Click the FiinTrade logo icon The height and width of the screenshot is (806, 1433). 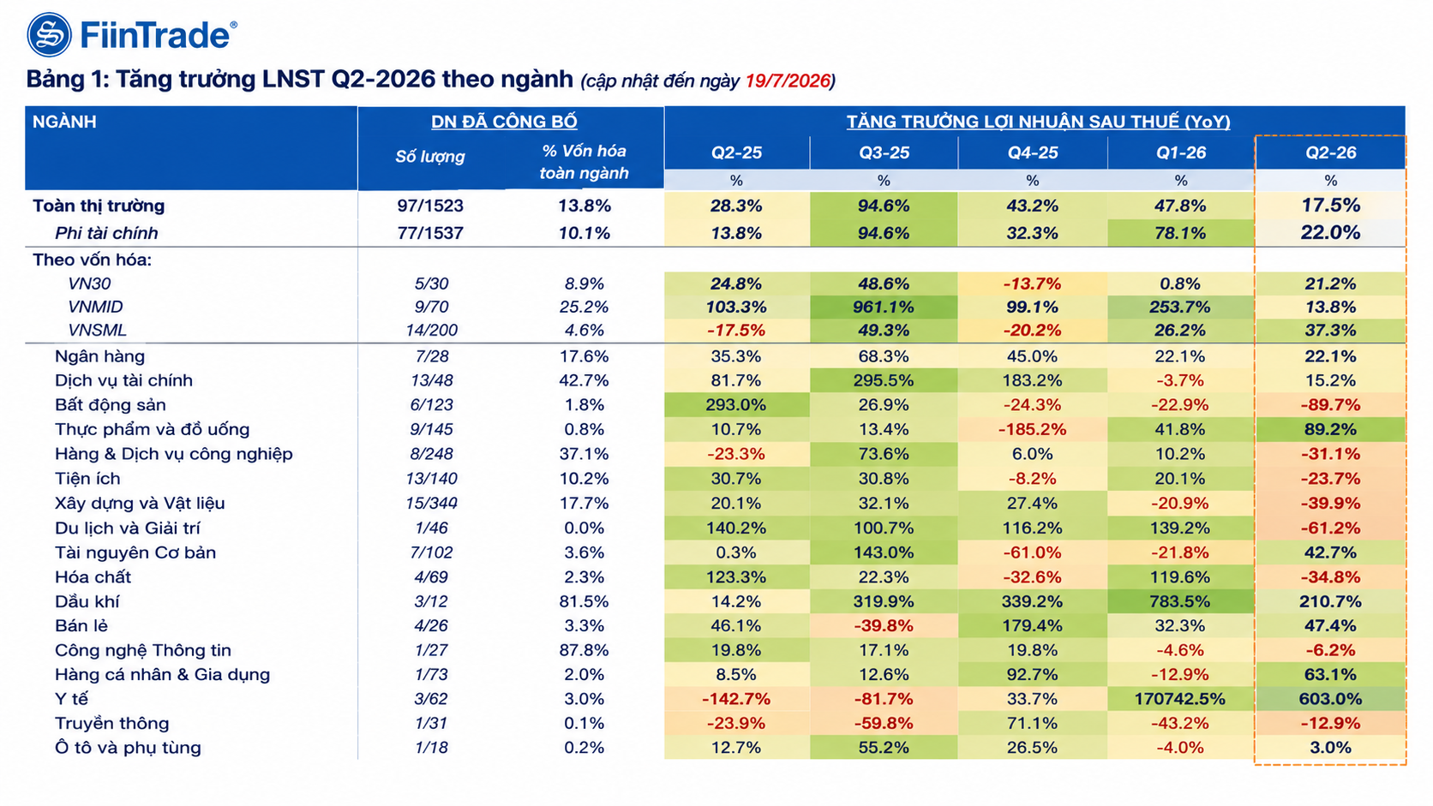49,34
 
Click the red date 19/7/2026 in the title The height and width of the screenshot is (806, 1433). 788,81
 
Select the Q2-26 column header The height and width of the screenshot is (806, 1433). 1331,152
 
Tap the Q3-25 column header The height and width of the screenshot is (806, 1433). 884,152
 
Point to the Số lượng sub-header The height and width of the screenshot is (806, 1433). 430,157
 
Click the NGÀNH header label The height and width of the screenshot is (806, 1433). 64,122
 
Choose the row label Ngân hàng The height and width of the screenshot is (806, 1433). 99,356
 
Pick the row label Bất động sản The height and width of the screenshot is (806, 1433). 110,404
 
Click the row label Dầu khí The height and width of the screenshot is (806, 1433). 87,601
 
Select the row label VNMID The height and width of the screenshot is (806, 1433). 95,307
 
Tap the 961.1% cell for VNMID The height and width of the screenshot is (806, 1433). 884,307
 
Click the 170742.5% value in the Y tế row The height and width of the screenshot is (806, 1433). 1179,699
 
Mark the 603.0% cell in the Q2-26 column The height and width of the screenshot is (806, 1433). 1331,699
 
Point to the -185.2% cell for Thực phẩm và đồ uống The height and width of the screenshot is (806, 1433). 1032,429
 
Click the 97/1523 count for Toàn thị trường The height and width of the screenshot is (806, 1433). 430,206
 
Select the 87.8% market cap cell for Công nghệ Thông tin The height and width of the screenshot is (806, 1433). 584,650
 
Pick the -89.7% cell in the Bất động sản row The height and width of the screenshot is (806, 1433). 1331,404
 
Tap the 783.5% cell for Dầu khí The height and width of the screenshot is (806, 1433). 1179,601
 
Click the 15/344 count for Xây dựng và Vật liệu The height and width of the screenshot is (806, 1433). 431,503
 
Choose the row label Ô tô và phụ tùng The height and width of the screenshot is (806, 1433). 128,747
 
